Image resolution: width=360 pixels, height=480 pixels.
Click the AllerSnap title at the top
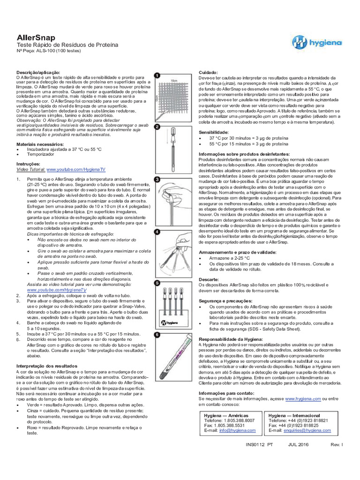[x=36, y=37]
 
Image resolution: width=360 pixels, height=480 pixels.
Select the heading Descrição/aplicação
[x=38, y=73]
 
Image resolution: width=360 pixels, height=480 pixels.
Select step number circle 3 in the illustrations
[x=157, y=180]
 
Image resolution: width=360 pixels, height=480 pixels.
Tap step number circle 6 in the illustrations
[x=157, y=335]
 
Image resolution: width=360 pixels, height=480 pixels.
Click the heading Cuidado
[x=208, y=73]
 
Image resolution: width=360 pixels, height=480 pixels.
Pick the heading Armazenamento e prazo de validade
[x=238, y=252]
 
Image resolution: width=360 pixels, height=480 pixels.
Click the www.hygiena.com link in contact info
[x=303, y=398]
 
